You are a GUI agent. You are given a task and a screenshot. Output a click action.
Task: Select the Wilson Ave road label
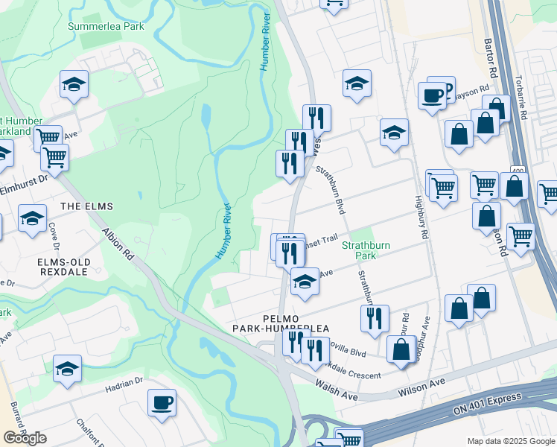(421, 381)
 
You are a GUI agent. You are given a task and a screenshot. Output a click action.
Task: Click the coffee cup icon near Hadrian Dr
(162, 403)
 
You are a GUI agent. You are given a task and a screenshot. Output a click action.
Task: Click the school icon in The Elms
(32, 218)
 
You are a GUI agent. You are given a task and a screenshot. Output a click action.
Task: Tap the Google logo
(25, 438)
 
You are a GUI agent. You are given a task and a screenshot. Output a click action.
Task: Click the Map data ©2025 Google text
(511, 441)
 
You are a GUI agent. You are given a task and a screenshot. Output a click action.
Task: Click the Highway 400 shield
(517, 171)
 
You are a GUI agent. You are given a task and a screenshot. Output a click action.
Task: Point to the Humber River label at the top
(264, 41)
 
